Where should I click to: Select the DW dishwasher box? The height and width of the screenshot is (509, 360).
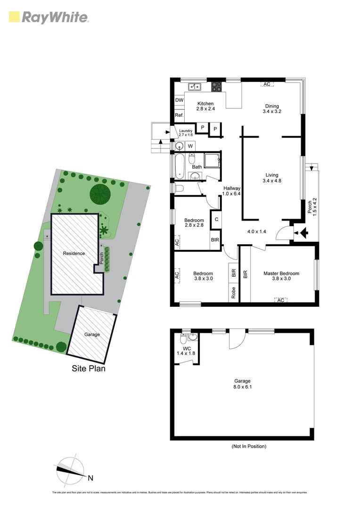click(179, 100)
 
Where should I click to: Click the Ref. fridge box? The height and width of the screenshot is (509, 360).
click(179, 115)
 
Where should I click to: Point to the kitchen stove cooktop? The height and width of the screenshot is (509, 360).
click(216, 87)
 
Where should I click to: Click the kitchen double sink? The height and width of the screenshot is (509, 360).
click(194, 87)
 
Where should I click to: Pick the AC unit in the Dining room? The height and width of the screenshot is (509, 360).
click(267, 84)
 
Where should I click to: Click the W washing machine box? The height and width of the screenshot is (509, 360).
click(190, 146)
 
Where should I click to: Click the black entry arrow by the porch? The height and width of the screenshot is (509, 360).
click(303, 232)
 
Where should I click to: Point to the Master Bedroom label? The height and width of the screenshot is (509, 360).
click(281, 273)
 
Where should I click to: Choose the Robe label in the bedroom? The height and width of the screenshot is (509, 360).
click(233, 293)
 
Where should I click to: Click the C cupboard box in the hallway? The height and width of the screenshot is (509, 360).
click(216, 219)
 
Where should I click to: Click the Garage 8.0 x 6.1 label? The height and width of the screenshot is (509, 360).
click(243, 384)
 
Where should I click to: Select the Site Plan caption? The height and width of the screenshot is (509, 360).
click(89, 369)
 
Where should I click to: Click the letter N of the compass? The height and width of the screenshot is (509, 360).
click(90, 478)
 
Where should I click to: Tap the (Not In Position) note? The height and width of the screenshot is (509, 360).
click(248, 446)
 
